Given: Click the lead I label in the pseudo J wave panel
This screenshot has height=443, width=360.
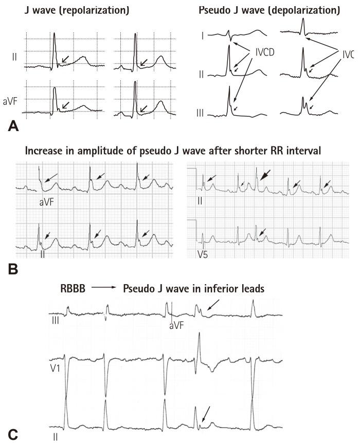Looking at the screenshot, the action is point(204,36).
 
